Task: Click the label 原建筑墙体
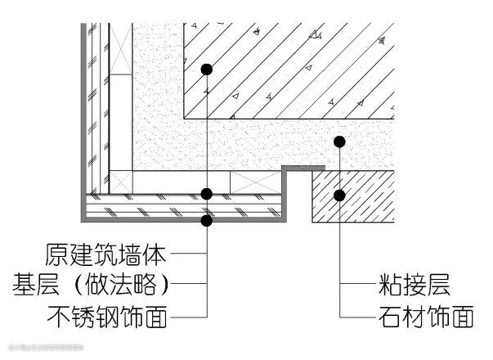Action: click(106, 254)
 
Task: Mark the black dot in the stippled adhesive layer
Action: click(339, 142)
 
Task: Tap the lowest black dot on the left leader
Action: click(207, 220)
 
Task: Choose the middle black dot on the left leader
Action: click(207, 194)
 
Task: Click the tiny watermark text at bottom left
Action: click(45, 348)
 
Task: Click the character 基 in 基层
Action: click(23, 286)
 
